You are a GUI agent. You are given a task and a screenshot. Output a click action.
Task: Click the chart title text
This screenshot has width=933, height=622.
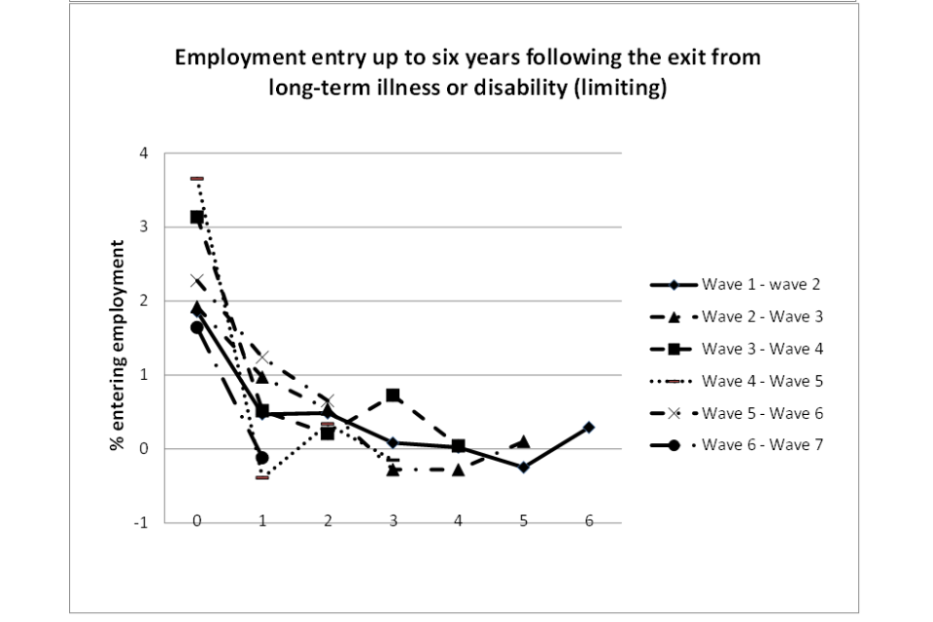466,73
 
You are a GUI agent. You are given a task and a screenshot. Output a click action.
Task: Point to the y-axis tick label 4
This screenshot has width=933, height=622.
144,154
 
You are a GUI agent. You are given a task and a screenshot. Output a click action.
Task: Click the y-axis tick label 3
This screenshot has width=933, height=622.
144,227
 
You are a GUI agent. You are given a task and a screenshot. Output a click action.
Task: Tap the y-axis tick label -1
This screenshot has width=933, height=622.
142,523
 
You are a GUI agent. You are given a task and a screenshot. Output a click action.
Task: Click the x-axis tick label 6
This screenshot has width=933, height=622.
589,521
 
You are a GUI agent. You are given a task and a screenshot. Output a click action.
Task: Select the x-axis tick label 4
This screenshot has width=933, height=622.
458,521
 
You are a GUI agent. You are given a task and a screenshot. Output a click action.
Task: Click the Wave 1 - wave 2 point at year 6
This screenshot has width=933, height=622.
589,428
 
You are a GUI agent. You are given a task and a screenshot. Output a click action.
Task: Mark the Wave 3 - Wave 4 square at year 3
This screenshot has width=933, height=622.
393,396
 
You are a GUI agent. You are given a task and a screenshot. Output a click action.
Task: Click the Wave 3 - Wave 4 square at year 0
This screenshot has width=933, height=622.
196,218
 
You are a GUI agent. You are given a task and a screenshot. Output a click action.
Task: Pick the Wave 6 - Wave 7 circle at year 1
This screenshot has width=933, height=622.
261,458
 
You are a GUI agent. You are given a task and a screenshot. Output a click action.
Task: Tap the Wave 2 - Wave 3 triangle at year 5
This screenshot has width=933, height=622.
524,442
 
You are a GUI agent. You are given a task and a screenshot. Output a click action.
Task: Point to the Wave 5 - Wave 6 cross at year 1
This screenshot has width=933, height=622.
261,358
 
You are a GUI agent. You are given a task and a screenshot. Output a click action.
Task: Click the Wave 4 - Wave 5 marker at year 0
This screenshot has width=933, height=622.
196,179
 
